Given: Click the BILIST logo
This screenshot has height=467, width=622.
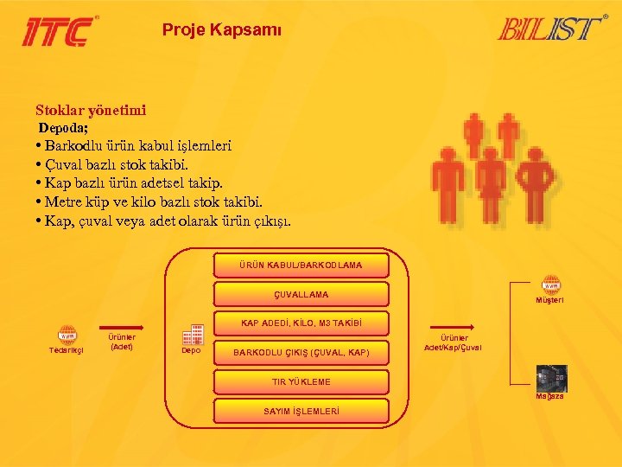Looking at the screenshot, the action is coord(551,29).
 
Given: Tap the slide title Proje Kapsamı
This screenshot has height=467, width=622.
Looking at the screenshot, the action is coord(222,30).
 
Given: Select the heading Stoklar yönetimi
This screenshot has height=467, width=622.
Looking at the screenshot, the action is coord(91,110).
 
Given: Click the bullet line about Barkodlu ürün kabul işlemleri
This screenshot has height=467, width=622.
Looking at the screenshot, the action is coord(133,146).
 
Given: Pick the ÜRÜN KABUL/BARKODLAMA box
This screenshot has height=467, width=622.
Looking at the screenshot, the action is coord(301,265).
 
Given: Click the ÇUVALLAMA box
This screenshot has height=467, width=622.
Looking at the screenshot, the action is coord(301,294).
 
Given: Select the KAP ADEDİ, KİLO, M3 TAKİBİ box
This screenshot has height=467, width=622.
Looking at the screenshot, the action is coord(301,323).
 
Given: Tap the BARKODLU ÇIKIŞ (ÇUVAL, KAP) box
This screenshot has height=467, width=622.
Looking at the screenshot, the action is coord(301,352).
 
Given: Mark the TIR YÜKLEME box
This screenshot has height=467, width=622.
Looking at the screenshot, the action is coord(301,381).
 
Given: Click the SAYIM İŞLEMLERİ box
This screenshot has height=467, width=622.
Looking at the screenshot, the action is coord(301,410).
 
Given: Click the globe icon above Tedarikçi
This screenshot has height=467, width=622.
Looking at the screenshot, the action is coord(67,334).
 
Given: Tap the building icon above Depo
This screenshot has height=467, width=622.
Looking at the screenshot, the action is coord(192,333).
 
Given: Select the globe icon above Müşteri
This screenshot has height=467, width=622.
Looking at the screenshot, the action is coord(550,285).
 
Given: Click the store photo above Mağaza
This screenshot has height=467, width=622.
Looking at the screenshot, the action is coord(550,377).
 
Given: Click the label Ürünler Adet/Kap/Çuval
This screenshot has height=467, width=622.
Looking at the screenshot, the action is coord(454,342).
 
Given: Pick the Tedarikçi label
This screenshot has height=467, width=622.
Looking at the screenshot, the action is coord(67,350).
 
